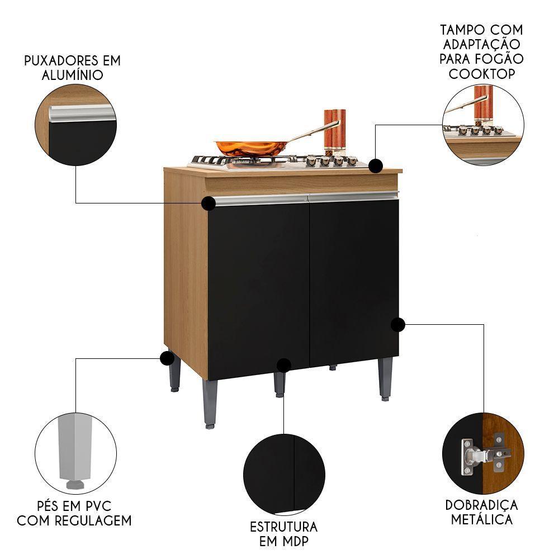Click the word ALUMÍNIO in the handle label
pos(73,75)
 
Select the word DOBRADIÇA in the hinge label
pos(481,505)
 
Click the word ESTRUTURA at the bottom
pos(283,527)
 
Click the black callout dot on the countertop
pos(376,165)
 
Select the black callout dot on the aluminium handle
pos(209,203)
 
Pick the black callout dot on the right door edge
pos(397,325)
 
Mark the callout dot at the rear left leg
pos(166,358)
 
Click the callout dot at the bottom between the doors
pos(284,365)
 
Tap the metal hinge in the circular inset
pos(473,455)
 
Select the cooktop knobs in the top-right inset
pos(475,130)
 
